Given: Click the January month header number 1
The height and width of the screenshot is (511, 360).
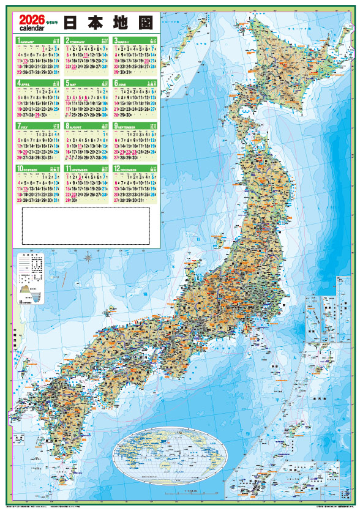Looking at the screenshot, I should pyautogui.click(x=19, y=41).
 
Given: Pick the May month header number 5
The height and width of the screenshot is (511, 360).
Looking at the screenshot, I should pyautogui.click(x=68, y=83).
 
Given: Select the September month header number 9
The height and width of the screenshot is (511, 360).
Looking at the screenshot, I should pyautogui.click(x=116, y=126).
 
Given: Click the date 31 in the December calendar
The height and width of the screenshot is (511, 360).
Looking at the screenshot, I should pyautogui.click(x=140, y=200).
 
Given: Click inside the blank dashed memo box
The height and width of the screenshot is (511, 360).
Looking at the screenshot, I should pyautogui.click(x=86, y=225).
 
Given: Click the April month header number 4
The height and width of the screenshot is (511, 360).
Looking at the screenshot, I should pyautogui.click(x=19, y=83).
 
